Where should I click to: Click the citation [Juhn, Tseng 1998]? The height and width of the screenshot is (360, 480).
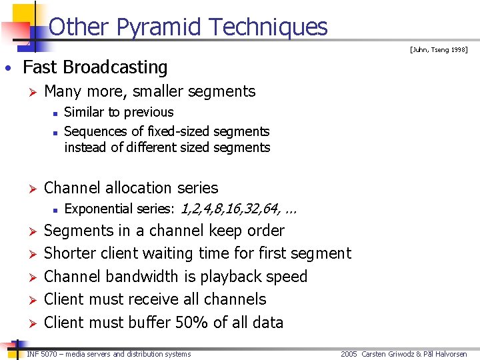(439, 50)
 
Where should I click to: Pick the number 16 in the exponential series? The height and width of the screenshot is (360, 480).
(231, 209)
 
